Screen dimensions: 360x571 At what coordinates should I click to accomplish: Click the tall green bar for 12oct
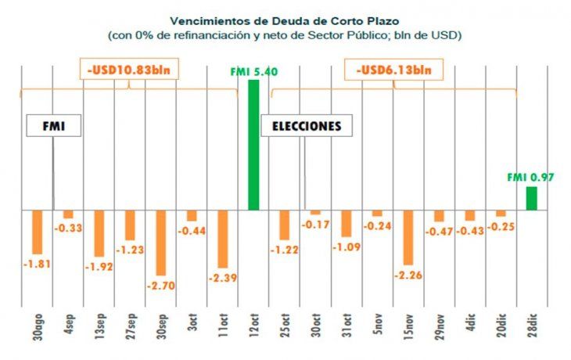point(253,145)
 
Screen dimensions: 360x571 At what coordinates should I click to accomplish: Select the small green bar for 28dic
point(531,198)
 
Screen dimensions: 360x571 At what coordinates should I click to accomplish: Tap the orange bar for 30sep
point(161,242)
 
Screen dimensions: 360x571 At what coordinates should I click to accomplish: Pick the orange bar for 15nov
point(408,238)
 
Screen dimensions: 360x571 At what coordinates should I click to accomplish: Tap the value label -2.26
point(408,275)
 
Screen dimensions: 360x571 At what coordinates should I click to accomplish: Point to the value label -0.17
point(314,225)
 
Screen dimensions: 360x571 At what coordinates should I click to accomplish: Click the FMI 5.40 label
point(254,72)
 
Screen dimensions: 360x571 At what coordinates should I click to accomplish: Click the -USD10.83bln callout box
point(130,70)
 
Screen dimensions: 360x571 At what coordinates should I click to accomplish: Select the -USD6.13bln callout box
point(393,70)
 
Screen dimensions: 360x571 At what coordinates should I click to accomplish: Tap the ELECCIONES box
point(307,126)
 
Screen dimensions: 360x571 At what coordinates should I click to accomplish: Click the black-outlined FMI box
point(53,126)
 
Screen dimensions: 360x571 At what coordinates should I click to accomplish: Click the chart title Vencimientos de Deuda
point(285,21)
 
